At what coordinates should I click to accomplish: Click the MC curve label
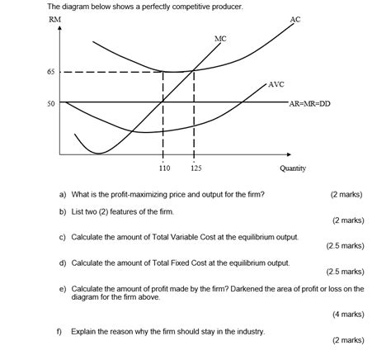coord(220,38)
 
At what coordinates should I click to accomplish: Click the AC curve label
coord(295,19)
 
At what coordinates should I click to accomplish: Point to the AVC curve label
coord(276,84)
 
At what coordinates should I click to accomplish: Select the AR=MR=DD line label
coord(309,104)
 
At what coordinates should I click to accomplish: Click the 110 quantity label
coord(164,168)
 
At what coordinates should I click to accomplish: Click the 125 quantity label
coord(195,168)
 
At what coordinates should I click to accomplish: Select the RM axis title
coord(54,18)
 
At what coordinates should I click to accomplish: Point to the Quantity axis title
coord(292,168)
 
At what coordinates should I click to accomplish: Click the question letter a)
coord(63,195)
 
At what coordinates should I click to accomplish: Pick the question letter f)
coord(59,330)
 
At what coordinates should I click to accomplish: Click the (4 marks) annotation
coord(347,314)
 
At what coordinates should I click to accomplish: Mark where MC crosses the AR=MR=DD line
coord(163,102)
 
